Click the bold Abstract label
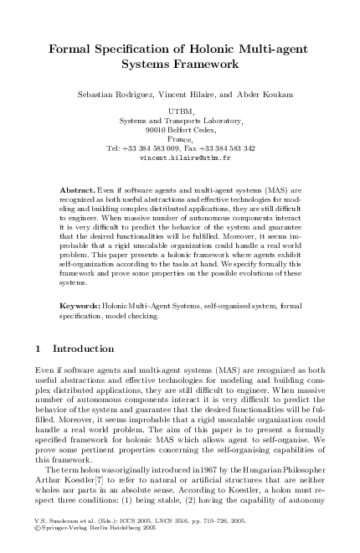coord(76,191)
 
